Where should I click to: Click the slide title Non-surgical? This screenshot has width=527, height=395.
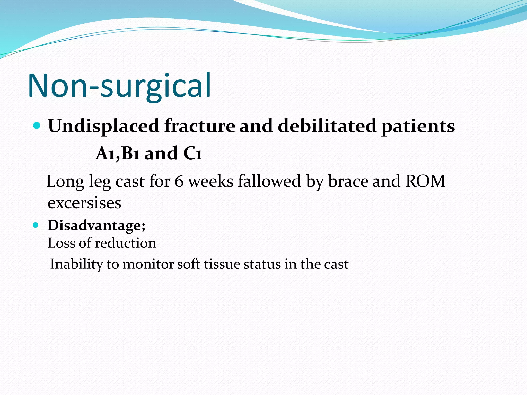(120, 86)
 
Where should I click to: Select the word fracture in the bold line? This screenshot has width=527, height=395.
(200, 126)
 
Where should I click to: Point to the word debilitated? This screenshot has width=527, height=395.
(328, 126)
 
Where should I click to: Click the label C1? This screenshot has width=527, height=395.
(193, 154)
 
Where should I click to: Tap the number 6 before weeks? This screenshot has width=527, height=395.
(179, 181)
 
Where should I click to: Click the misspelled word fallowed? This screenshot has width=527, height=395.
(269, 181)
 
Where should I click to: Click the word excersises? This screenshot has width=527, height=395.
(84, 203)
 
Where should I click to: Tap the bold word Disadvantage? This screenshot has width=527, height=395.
(96, 226)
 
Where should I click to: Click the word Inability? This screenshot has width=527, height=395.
(76, 264)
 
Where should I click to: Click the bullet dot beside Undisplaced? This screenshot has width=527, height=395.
(37, 125)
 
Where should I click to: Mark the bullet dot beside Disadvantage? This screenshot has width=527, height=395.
(36, 226)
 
